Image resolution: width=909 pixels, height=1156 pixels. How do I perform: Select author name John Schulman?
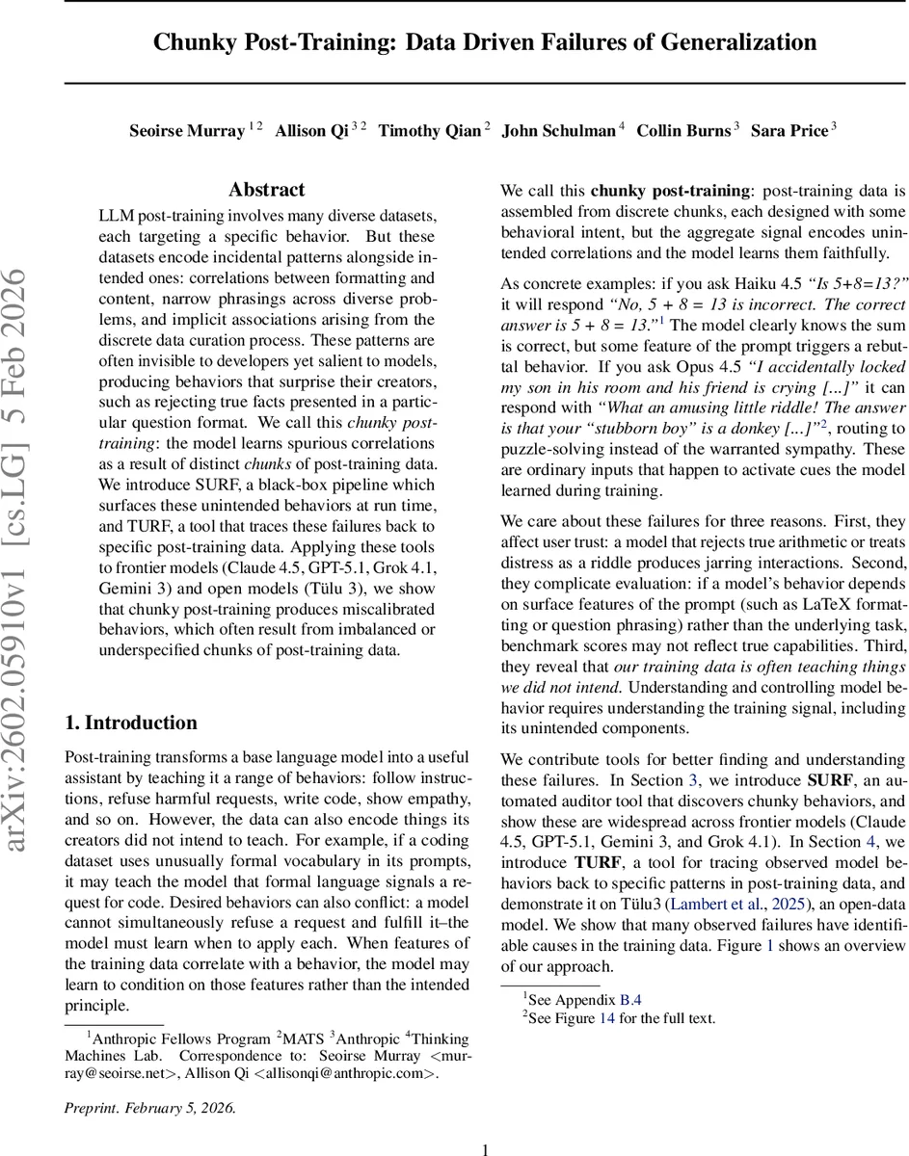point(557,131)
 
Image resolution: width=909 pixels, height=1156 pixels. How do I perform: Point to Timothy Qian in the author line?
point(429,131)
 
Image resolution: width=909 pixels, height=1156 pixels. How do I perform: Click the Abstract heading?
point(266,190)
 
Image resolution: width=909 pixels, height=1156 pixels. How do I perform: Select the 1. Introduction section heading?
point(130,723)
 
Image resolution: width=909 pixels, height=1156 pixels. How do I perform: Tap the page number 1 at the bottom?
point(486,1148)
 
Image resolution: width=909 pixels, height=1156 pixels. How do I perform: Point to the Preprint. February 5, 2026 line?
point(149,1108)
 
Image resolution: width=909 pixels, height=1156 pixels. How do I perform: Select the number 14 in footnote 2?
point(605,1018)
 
